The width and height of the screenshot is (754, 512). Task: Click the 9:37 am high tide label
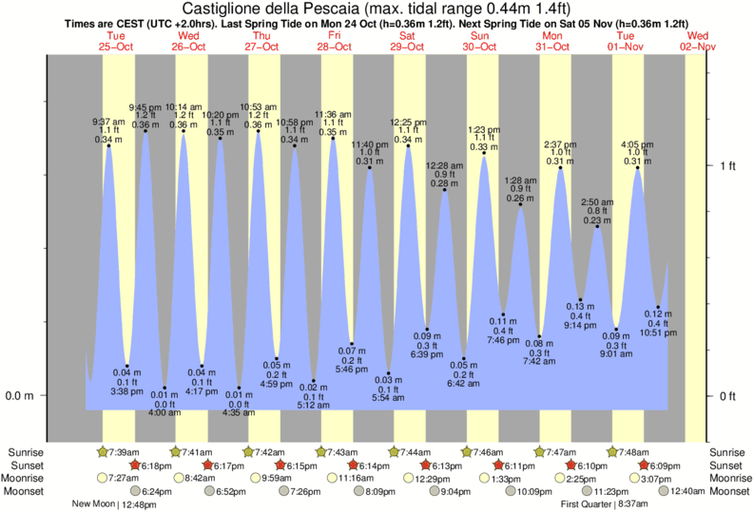tap(107, 122)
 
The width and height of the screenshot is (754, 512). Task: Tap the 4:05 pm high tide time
tap(636, 144)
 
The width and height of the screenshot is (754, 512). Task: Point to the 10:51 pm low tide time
tap(657, 332)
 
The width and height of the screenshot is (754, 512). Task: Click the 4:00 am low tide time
tap(164, 412)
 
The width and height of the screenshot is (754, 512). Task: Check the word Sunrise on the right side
tap(728, 452)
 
